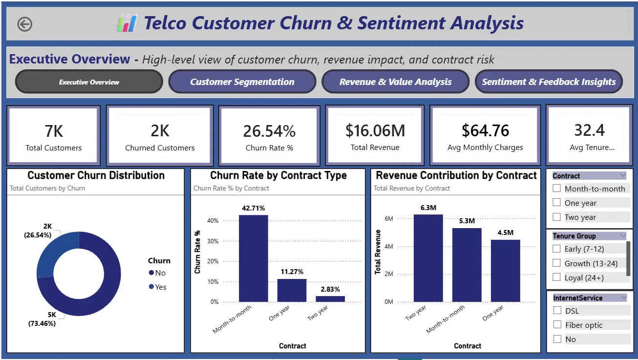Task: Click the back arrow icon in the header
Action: coord(24,24)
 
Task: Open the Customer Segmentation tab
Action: coord(242,82)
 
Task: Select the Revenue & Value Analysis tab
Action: coord(395,82)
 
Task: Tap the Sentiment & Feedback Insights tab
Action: coord(549,82)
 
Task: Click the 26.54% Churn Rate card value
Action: coord(269,131)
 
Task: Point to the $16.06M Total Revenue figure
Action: coord(375,131)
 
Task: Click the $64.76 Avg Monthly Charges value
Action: coord(485,130)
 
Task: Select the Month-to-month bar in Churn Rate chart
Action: coord(253,258)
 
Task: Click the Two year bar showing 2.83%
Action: coord(330,299)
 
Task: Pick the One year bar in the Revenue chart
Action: coord(506,271)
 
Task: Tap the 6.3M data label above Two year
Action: coord(428,208)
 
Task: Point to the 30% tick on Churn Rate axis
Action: coord(213,241)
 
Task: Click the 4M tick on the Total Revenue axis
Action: coord(388,246)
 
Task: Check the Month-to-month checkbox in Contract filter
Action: coord(556,188)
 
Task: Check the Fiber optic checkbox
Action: coord(557,324)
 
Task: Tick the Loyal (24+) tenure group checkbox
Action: coord(556,277)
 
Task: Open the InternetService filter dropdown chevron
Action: coord(624,297)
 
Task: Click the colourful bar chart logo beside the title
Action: coord(127,23)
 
